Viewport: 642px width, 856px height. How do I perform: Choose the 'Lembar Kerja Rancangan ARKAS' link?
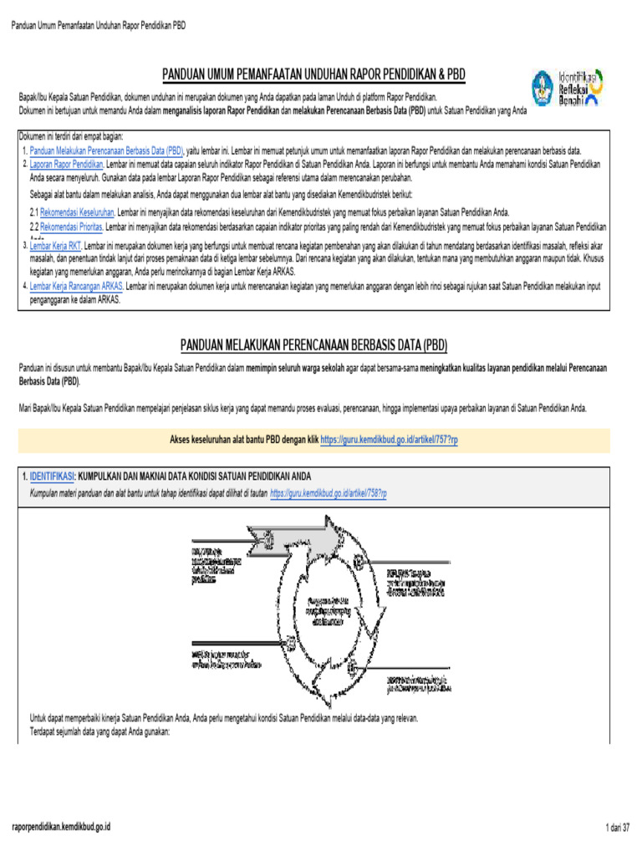(76, 284)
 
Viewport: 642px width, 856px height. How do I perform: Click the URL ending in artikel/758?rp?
(329, 494)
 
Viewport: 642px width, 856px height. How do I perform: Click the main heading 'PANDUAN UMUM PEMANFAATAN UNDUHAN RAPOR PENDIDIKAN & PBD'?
(313, 76)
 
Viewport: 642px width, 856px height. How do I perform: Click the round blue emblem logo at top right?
(546, 88)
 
